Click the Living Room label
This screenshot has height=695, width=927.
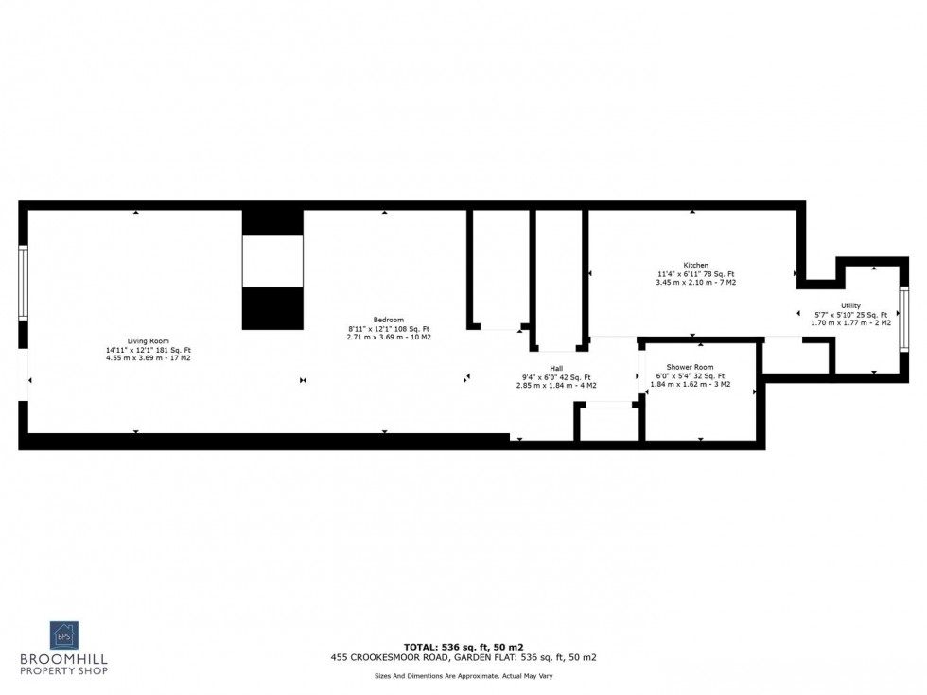pos(149,340)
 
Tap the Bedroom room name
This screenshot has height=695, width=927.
pos(389,320)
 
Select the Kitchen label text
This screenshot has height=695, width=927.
pos(695,265)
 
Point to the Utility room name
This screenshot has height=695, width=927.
pos(849,305)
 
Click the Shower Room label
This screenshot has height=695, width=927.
pos(690,367)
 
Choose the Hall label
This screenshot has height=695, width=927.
pos(556,368)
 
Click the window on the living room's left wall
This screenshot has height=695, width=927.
pos(24,283)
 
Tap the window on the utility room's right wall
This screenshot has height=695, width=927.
pos(903,320)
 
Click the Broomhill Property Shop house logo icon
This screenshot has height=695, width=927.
pos(64,634)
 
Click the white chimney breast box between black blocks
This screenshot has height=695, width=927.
pos(272,261)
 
